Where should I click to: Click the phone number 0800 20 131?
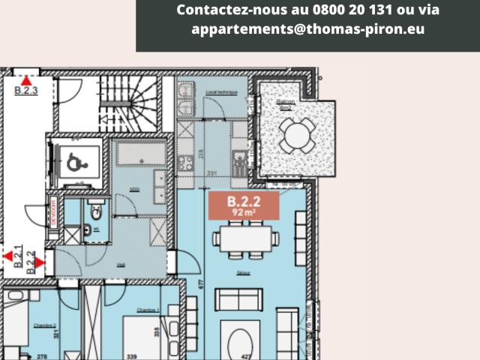point(361,10)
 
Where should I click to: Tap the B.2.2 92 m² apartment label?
point(244,205)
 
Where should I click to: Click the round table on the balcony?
point(298,136)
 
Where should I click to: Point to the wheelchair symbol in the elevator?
point(75,161)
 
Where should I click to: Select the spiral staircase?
point(132,100)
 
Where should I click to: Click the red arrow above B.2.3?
point(26,80)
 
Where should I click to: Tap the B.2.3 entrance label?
point(26,91)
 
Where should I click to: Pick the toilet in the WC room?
point(94,211)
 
